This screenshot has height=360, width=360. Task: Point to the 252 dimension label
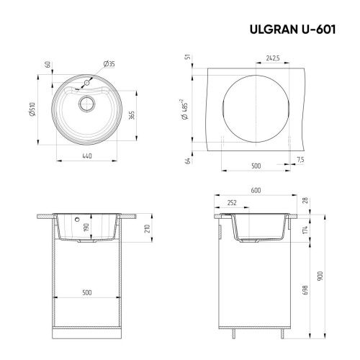[233, 203]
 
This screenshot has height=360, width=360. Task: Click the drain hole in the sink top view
[87, 103]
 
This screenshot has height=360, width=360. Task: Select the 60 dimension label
[48, 64]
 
